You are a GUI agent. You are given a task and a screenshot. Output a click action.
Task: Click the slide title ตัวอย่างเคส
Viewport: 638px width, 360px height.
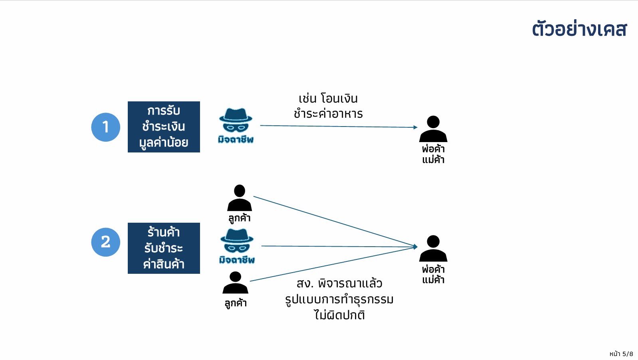click(579, 30)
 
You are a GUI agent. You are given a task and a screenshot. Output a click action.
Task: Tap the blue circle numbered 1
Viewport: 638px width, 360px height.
click(105, 127)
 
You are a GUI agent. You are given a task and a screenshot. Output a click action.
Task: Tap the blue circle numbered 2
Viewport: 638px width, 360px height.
click(105, 242)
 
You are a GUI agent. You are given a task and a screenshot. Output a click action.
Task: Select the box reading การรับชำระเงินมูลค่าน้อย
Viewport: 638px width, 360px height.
click(164, 127)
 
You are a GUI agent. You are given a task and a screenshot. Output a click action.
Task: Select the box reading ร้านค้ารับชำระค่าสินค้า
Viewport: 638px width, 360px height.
click(164, 248)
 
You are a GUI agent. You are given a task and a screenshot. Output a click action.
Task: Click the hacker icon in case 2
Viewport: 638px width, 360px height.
click(237, 241)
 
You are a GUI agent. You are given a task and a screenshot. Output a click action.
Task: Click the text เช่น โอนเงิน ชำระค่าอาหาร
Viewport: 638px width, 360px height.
click(328, 106)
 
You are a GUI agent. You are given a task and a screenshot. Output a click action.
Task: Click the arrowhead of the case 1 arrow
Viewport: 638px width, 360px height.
click(415, 127)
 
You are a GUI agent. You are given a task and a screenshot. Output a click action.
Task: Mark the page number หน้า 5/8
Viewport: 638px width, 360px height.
click(621, 354)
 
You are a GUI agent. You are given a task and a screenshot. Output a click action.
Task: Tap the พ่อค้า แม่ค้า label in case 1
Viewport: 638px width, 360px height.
click(433, 154)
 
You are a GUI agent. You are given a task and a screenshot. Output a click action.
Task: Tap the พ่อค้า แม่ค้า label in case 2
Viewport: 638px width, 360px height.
click(433, 274)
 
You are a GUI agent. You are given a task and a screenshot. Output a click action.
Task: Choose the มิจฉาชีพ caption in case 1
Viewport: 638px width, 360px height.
click(236, 139)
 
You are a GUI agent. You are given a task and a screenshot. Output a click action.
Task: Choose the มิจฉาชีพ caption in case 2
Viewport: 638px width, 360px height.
click(237, 260)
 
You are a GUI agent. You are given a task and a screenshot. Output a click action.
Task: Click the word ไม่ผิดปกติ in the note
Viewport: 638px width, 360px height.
click(339, 315)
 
